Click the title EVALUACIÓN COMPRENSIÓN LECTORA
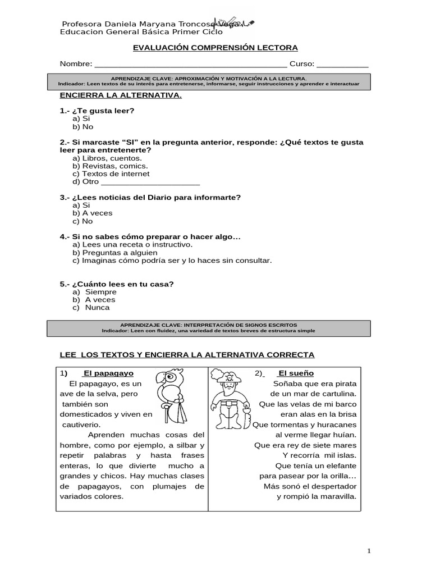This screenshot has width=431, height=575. (215, 48)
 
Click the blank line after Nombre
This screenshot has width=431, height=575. (191, 65)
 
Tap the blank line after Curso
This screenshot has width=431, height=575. (343, 65)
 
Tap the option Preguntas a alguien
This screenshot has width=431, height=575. (120, 253)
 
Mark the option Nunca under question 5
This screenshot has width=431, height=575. (97, 308)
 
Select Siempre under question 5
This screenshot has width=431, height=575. (100, 292)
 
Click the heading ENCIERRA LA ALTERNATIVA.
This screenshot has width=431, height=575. (121, 95)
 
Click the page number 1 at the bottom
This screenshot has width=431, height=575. (369, 551)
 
